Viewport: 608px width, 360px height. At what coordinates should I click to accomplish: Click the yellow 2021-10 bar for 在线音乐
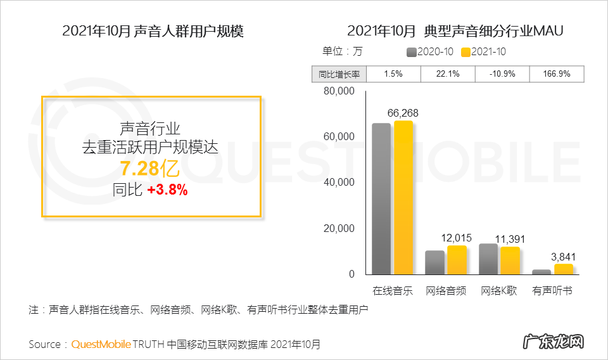(403, 198)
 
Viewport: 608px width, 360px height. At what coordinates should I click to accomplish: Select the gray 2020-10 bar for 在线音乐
(381, 199)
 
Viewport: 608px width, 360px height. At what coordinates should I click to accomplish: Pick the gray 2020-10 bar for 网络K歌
(488, 259)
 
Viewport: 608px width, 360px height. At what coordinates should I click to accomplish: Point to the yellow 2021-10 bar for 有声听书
(564, 269)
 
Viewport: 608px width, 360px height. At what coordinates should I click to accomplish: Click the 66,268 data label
(403, 113)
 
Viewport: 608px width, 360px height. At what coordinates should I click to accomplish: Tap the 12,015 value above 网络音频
(456, 238)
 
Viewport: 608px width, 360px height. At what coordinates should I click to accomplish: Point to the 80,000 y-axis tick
(339, 91)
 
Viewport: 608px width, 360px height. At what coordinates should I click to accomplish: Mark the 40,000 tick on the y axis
(339, 183)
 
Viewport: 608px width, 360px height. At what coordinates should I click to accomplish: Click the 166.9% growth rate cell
(557, 74)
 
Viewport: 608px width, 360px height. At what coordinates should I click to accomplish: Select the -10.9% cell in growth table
(502, 74)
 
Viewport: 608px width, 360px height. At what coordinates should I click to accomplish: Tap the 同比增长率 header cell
(339, 74)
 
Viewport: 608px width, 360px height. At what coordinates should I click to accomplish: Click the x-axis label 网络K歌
(498, 291)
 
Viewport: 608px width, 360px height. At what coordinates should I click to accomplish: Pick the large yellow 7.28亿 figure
(151, 169)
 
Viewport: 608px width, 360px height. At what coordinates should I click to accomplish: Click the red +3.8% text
(167, 190)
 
